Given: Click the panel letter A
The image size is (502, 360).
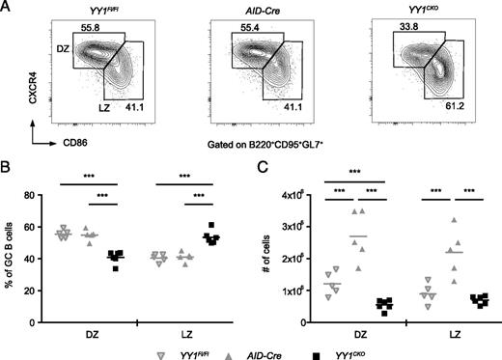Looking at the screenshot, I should (x=8, y=8).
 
